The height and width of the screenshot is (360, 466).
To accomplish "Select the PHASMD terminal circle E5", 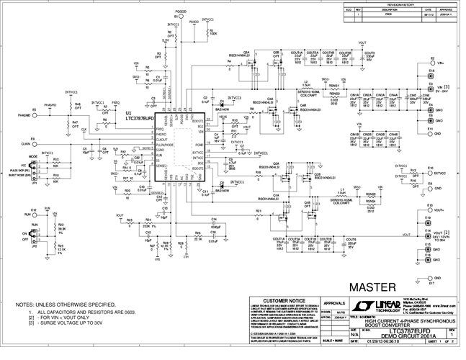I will click(x=34, y=115).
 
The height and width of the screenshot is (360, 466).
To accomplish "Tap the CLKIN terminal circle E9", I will click(x=34, y=143).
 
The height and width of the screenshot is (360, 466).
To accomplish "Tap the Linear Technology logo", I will click(x=390, y=302).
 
